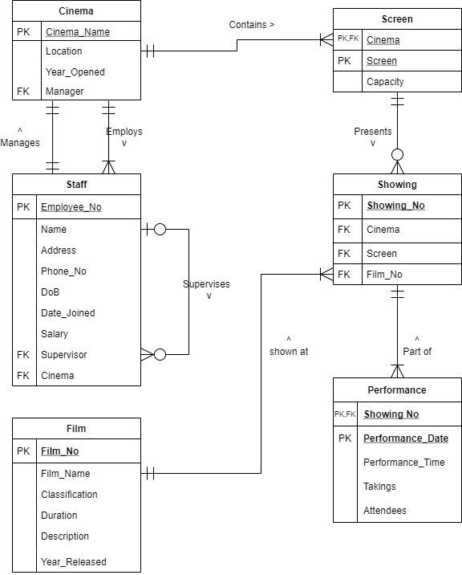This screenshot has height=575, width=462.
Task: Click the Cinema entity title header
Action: tap(76, 11)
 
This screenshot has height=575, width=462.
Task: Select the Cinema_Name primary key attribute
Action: tap(77, 32)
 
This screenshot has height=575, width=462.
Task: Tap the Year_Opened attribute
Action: tap(75, 71)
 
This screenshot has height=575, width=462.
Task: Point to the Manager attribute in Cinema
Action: tap(64, 92)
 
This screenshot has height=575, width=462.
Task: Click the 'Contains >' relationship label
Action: tap(251, 25)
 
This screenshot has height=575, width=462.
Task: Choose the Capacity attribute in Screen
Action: tap(385, 82)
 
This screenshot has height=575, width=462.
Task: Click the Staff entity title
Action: tap(76, 184)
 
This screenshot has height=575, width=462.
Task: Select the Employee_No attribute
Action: tap(71, 207)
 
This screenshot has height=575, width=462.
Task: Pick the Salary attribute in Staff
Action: tap(55, 334)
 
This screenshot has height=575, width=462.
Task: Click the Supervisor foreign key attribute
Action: tap(63, 355)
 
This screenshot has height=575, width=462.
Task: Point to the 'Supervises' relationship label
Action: tap(206, 284)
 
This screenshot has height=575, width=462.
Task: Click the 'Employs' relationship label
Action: tap(124, 132)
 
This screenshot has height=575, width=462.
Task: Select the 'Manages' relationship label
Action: tap(20, 142)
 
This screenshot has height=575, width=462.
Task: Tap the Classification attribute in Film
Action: tap(69, 495)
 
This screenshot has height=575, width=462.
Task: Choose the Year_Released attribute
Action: tap(73, 562)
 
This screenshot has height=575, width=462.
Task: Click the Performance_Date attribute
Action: tap(405, 438)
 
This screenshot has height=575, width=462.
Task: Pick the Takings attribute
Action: tap(379, 487)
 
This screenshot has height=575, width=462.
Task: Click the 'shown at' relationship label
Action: tap(289, 351)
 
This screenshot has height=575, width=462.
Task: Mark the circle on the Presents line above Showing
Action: tap(397, 154)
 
